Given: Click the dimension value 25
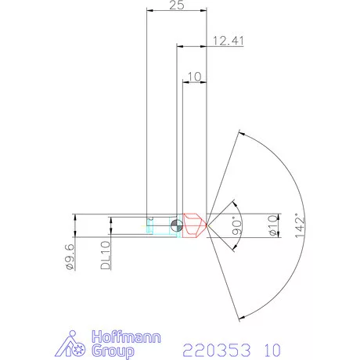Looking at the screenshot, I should (177, 5).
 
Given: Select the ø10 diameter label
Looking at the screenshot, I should (273, 226).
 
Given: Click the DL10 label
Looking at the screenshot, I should (106, 256).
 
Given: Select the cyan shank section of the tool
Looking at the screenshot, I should (160, 227).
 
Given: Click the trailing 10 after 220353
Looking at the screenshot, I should (269, 347).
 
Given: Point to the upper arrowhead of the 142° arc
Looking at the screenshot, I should (239, 139).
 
